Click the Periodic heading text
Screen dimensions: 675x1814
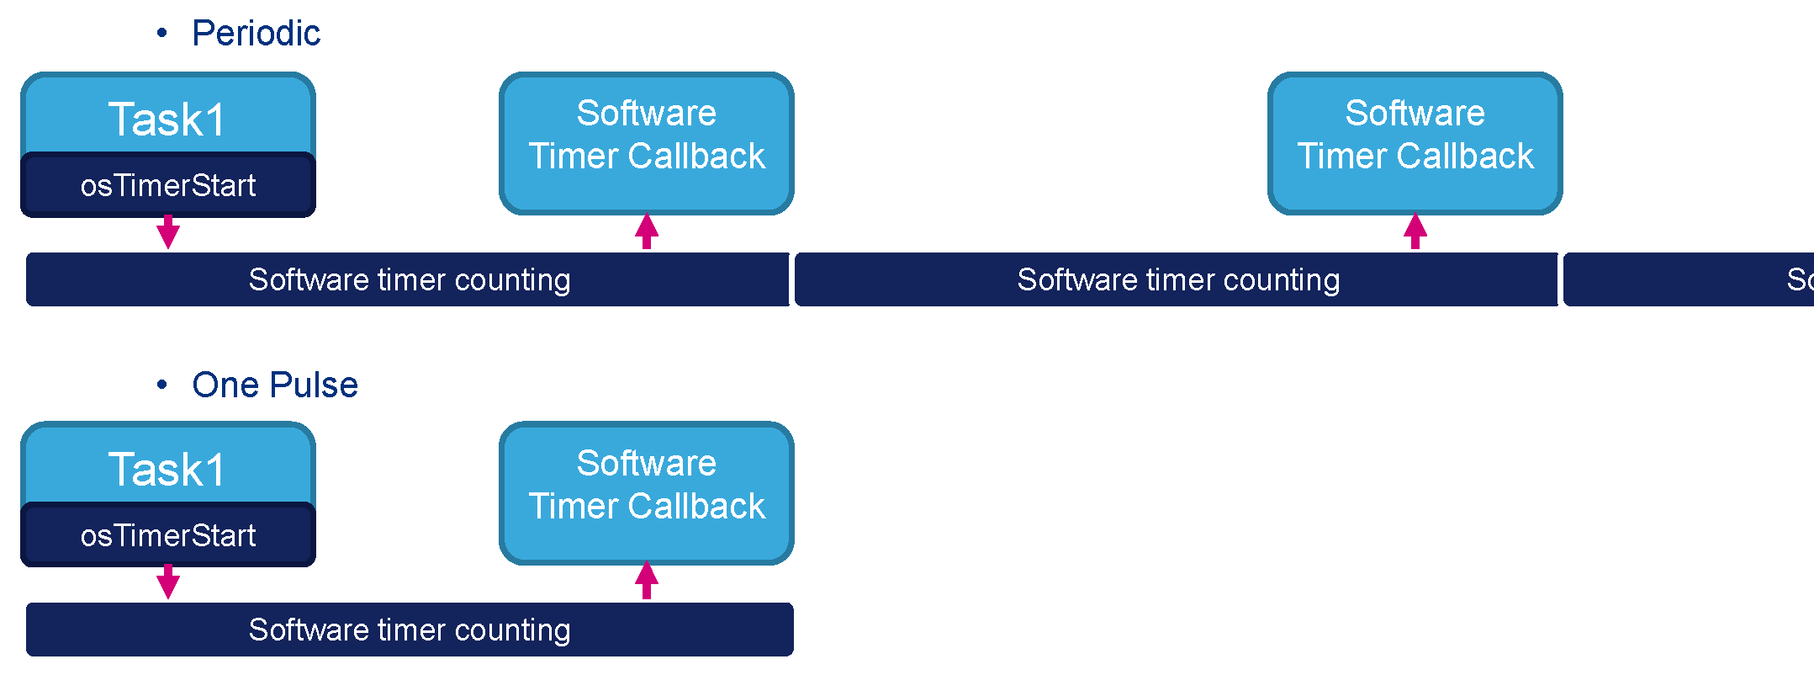256,34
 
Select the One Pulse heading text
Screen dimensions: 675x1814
274,385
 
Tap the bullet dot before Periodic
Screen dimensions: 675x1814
162,34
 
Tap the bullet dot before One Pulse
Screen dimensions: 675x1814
162,385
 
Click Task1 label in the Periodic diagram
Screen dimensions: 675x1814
167,119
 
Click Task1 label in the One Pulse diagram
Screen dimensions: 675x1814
167,469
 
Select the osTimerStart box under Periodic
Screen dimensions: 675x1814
167,185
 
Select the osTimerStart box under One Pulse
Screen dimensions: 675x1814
167,535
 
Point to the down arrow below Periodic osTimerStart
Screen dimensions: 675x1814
168,232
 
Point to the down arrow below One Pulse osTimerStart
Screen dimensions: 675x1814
168,582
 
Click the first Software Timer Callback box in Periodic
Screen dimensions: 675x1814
646,143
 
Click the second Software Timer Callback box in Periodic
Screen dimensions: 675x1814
1415,143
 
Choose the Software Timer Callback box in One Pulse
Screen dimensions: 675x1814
646,493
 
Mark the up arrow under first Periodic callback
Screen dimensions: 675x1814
646,231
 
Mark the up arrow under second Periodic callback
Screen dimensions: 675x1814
1415,231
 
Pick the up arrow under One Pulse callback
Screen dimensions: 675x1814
646,581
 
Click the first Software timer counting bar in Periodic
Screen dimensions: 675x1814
409,279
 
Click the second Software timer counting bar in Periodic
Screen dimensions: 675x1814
1177,279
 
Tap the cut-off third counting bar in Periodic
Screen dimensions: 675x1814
1687,279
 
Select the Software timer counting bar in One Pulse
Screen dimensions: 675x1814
409,630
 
